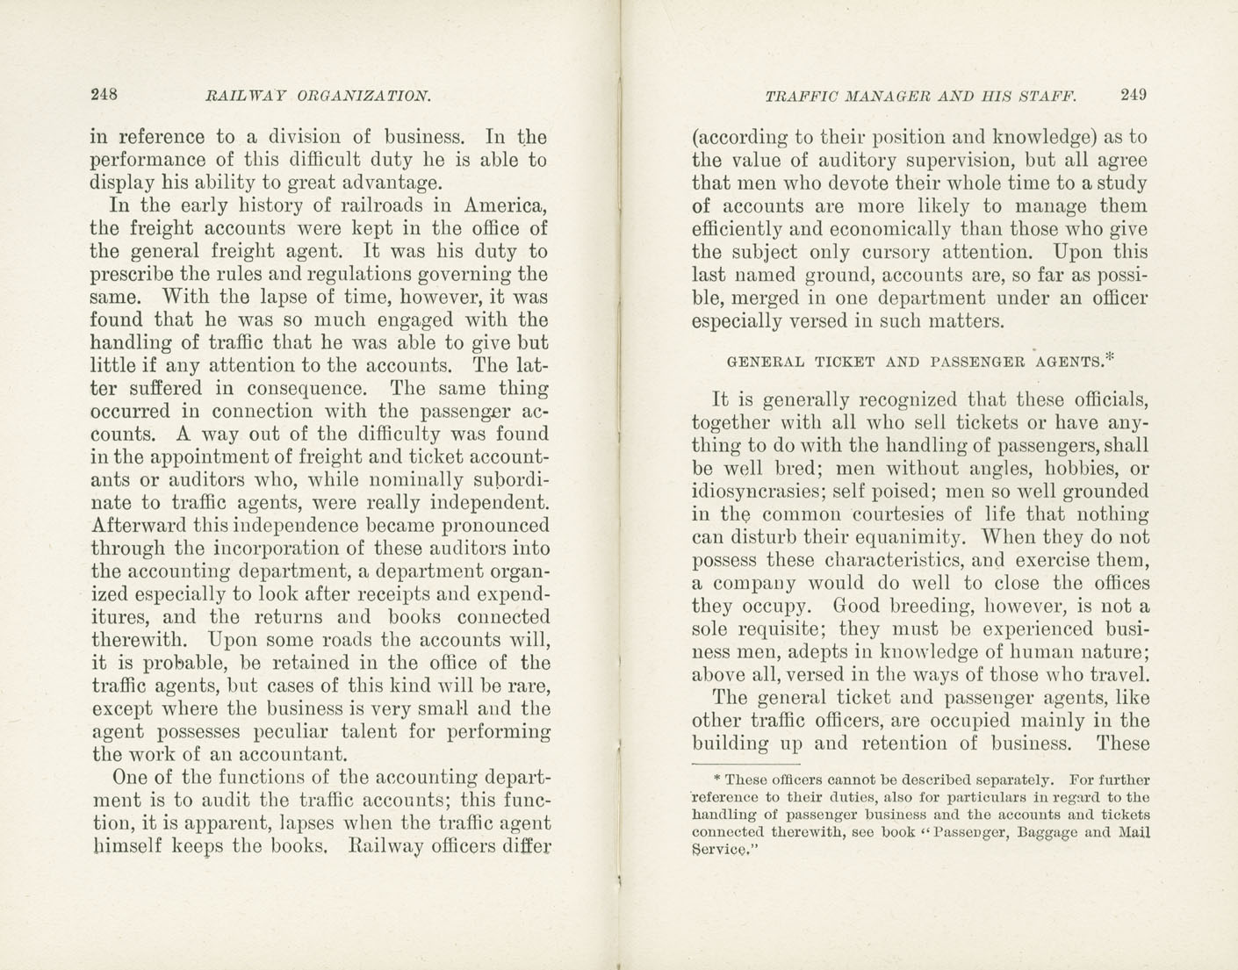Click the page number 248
[x=104, y=95]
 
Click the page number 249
[x=1133, y=95]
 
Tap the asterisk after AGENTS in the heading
[x=1111, y=356]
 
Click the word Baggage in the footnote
[x=1034, y=832]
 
